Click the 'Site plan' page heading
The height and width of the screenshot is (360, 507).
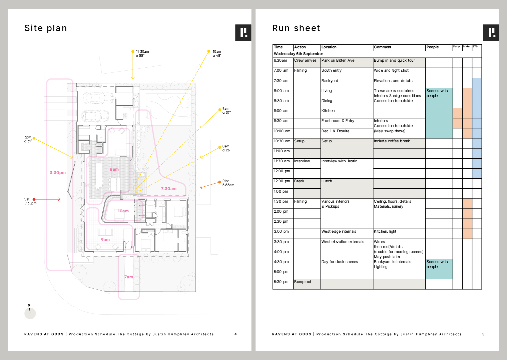pos(46,28)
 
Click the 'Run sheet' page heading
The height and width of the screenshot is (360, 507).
pos(296,28)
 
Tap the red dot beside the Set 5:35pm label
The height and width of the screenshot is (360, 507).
pos(34,199)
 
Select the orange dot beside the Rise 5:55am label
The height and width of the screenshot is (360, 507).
pos(220,182)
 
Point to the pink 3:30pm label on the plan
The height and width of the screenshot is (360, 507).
pos(58,173)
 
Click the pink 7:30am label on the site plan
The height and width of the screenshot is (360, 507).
pos(169,189)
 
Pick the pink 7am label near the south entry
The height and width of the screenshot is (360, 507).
pos(129,277)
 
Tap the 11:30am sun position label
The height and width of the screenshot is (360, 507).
pos(142,52)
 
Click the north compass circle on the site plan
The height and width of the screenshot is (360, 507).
pos(30,313)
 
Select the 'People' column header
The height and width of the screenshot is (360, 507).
pos(433,47)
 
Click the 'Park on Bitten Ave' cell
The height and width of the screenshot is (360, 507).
pos(338,61)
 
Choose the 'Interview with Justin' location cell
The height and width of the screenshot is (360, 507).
pos(339,161)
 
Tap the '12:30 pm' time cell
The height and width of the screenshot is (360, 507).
pos(282,181)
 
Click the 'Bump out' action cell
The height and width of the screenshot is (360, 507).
pos(303,282)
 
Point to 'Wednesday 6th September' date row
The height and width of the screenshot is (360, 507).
pos(299,54)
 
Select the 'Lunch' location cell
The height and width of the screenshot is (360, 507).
pos(327,181)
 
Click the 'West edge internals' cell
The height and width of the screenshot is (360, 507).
pos(339,232)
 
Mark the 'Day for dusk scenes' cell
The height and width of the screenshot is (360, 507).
pos(340,262)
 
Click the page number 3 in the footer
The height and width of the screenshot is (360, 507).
pos(483,334)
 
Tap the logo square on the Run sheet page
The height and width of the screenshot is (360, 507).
pos(491,33)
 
